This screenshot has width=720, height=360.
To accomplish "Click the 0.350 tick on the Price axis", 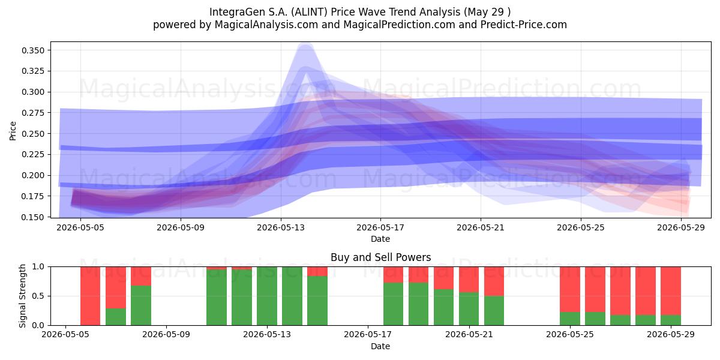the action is (33, 50).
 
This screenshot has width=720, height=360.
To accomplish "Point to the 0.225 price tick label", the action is (33, 155).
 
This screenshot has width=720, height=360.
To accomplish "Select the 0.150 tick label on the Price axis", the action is (33, 217).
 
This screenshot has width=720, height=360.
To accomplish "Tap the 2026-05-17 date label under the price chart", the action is (380, 227).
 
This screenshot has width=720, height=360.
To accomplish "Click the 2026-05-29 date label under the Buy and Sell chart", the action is (671, 335).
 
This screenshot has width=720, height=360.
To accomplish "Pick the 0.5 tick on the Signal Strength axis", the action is (38, 296).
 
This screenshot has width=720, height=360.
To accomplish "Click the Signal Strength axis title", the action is (22, 296).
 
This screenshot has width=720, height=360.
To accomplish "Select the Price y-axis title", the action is (13, 131).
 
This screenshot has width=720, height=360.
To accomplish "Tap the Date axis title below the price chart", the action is (380, 239).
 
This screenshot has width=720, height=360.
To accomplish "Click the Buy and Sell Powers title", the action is (380, 257).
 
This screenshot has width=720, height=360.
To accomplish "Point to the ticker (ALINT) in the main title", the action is (309, 12).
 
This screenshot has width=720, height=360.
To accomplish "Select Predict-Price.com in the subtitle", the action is (524, 25).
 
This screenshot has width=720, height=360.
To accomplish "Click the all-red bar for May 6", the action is (91, 296).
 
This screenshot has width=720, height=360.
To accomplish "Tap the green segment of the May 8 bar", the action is (141, 305).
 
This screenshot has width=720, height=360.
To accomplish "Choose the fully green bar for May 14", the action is (292, 296).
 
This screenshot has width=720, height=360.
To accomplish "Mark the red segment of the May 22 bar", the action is (494, 281).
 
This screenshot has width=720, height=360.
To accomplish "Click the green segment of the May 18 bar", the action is (393, 304).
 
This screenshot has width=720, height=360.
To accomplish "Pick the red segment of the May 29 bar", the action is (671, 291).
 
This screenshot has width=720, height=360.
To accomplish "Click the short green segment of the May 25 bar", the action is (570, 319).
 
